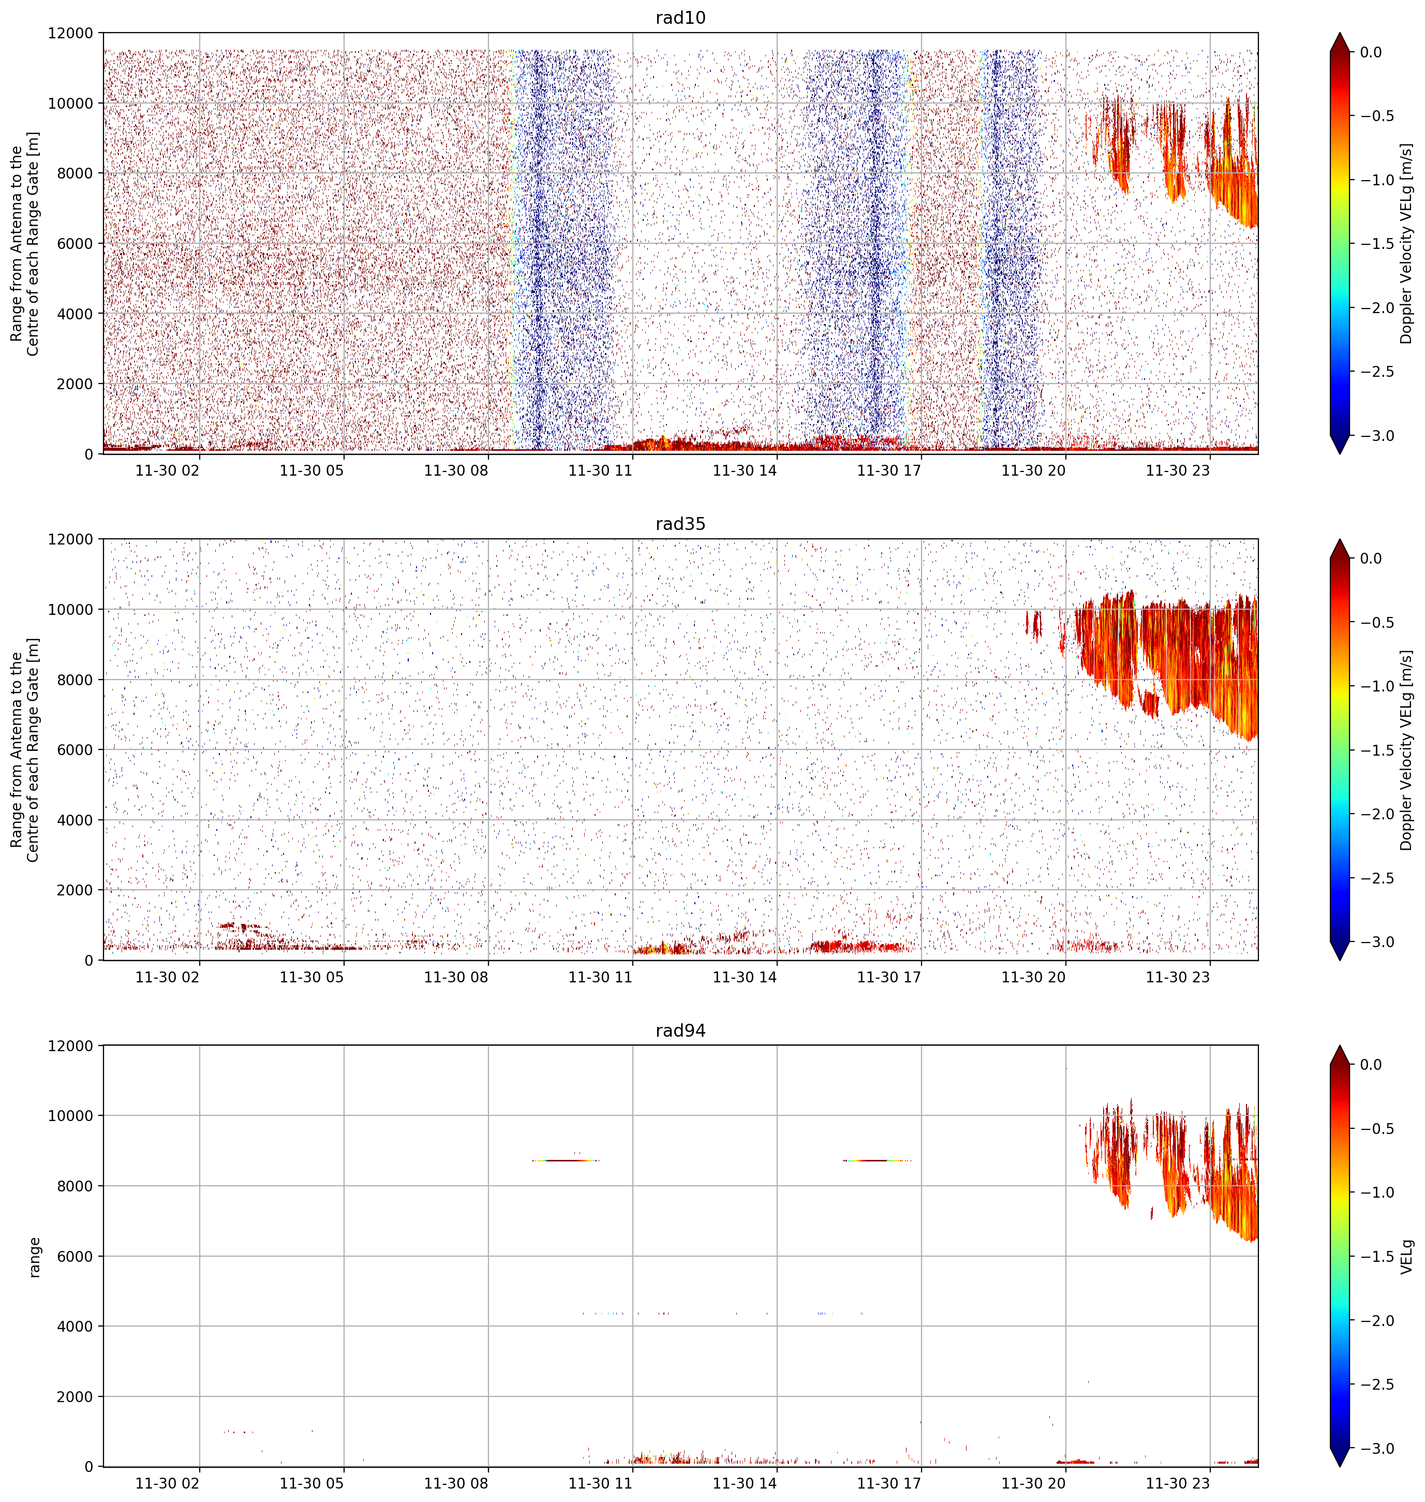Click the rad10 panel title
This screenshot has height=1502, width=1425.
click(680, 18)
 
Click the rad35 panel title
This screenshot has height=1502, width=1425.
click(680, 523)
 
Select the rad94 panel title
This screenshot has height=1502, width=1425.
click(680, 1030)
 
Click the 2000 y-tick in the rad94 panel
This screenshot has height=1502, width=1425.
click(75, 1396)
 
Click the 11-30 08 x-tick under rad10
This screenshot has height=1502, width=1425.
click(456, 470)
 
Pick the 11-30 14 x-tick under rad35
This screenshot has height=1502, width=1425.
click(745, 977)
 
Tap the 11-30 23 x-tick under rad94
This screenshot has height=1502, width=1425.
click(1177, 1484)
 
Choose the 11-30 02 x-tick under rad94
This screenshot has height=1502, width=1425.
click(167, 1484)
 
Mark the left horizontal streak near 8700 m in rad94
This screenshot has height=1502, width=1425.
click(565, 1160)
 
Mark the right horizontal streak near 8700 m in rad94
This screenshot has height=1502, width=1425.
click(877, 1160)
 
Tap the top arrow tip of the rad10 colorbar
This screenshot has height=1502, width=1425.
click(1340, 33)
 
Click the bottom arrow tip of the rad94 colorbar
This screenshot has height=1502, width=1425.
click(1340, 1466)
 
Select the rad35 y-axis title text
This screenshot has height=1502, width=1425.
click(25, 750)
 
